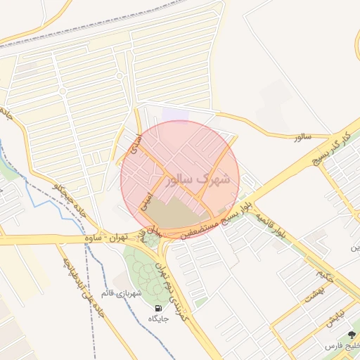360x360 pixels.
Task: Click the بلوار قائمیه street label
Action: click(271, 222)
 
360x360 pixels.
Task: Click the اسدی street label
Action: click(137, 143)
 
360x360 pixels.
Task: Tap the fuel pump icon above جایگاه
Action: click(157, 308)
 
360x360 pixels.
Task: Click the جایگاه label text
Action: click(157, 319)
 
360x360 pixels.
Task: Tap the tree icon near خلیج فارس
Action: click(352, 335)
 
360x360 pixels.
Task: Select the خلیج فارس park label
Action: click(341, 347)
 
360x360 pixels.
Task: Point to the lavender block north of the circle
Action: click(176, 115)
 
